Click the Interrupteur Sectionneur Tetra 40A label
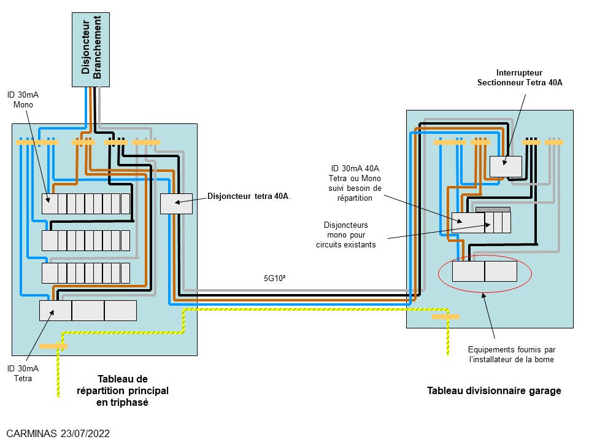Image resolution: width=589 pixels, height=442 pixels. tap(520, 77)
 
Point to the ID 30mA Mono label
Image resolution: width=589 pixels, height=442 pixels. tap(23, 99)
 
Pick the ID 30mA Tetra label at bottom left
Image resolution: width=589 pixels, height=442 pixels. tap(23, 373)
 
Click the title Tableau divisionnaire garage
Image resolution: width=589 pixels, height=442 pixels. tap(494, 390)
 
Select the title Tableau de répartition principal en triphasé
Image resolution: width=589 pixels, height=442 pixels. tap(122, 390)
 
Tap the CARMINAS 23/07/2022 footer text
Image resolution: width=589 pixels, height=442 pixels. tap(58, 433)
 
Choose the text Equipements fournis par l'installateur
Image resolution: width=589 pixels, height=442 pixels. tap(512, 354)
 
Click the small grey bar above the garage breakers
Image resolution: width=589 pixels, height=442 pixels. tap(493, 209)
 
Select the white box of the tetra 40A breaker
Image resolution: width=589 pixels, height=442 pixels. tap(176, 204)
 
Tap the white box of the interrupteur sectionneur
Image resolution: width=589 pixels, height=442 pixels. tap(506, 166)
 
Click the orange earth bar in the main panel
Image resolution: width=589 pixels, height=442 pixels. tap(53, 346)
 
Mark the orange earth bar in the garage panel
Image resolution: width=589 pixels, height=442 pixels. tap(445, 317)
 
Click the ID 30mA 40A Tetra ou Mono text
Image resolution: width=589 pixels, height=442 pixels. tap(356, 183)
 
